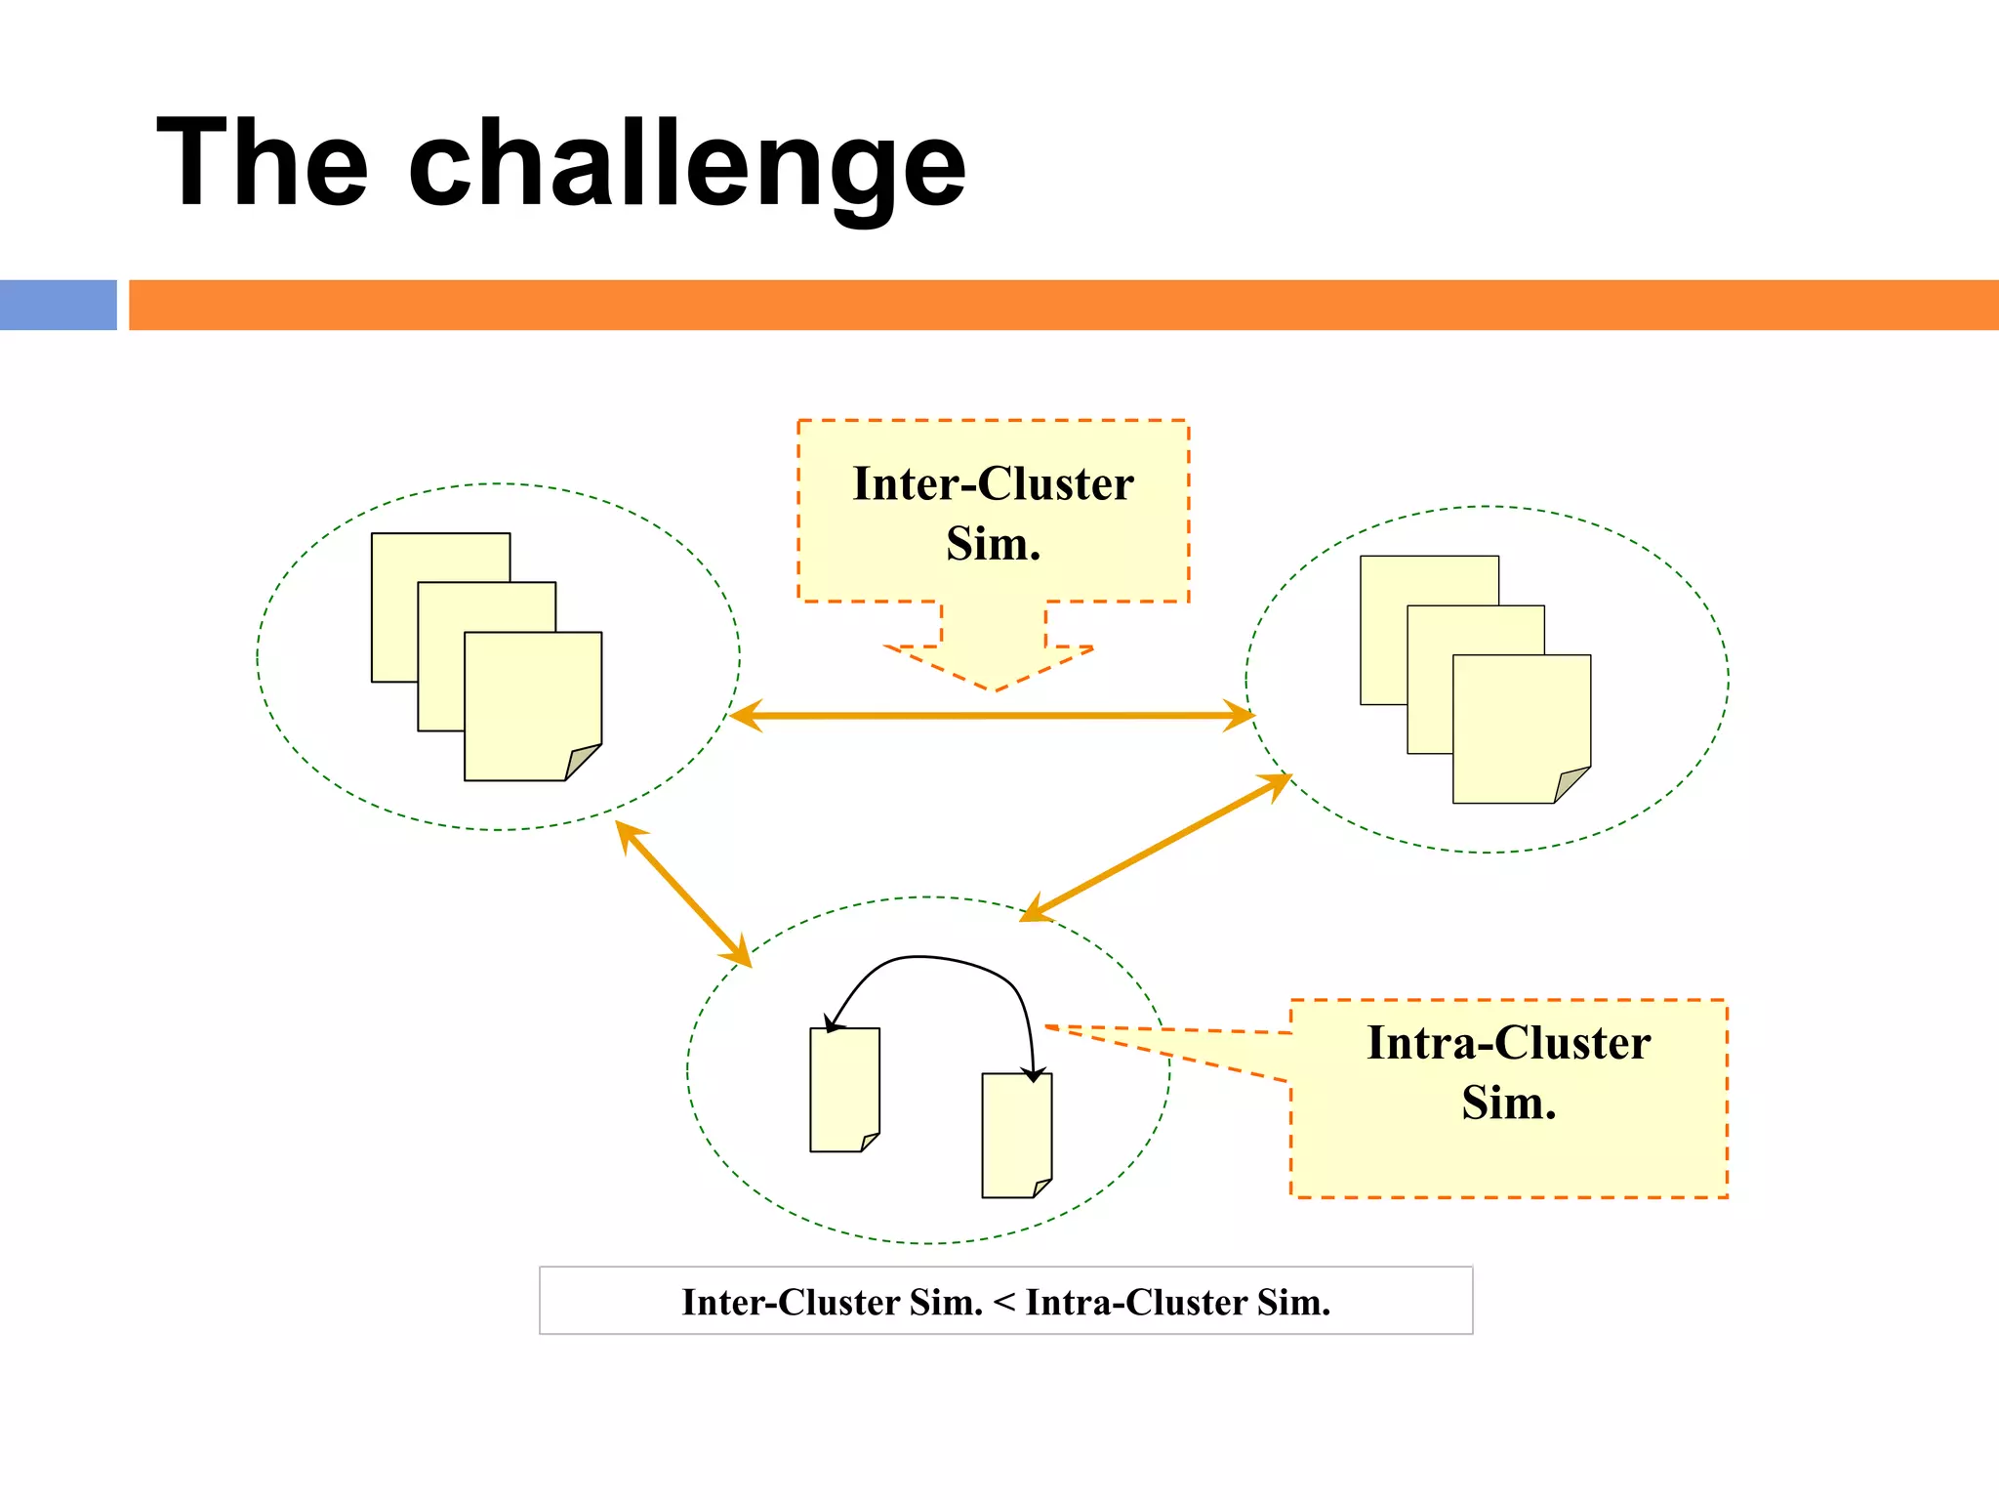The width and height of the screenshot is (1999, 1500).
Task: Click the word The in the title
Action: tap(263, 164)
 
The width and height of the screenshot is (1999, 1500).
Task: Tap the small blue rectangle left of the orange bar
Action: tap(58, 305)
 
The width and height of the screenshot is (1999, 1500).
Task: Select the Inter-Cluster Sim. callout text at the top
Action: tap(993, 513)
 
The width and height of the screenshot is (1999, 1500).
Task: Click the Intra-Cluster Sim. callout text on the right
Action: tap(1508, 1072)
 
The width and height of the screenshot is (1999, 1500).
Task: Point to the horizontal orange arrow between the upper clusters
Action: tap(992, 716)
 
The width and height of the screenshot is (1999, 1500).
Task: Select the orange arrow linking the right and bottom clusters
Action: tap(1156, 848)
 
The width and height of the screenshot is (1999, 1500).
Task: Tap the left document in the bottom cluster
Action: tap(844, 1089)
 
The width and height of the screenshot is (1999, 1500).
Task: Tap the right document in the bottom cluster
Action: tap(1016, 1135)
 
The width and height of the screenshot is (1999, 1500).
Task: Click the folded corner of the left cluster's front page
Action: tap(583, 762)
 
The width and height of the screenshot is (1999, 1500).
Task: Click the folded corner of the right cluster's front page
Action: tap(1571, 784)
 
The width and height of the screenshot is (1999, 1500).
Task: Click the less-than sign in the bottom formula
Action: tap(1004, 1303)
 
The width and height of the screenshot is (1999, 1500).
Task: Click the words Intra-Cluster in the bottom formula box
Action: tap(1136, 1303)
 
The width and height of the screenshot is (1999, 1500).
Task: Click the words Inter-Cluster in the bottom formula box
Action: tap(791, 1303)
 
